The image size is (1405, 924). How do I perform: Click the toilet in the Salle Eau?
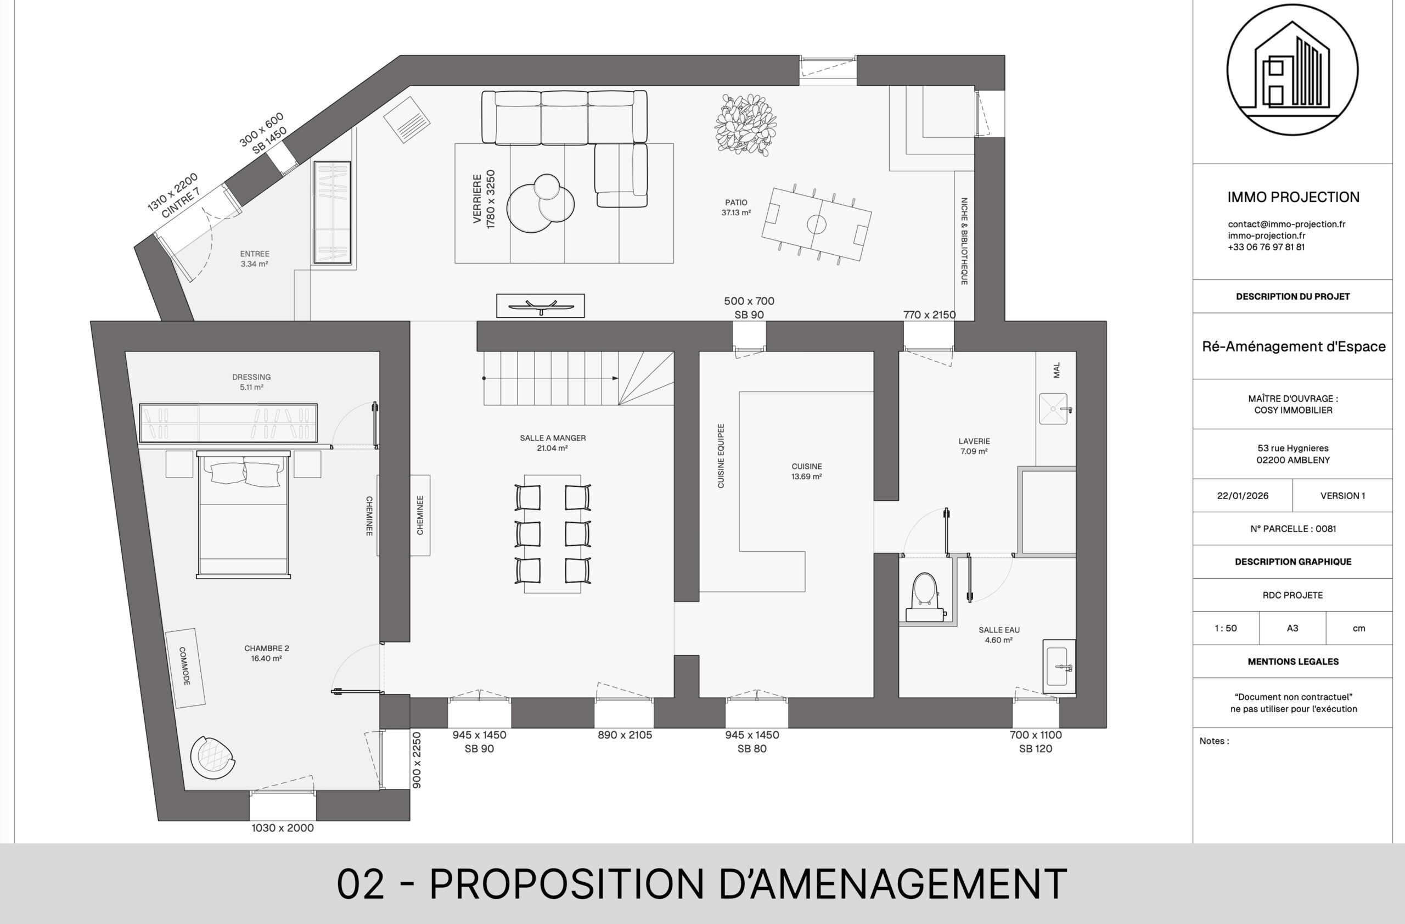point(925,596)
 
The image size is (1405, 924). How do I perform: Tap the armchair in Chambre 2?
point(212,758)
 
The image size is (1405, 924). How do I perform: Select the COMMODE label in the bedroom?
point(184,667)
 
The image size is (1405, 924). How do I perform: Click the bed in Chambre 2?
point(243,514)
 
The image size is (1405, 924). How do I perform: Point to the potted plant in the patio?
point(745,125)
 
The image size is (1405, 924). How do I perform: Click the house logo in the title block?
point(1292,70)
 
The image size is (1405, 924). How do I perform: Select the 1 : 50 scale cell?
point(1226,628)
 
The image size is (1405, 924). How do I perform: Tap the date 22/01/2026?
point(1243,496)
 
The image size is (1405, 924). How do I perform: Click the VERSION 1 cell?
point(1342,496)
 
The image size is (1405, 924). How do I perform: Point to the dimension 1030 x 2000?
point(283,828)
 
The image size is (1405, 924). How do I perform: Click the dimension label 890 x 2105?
point(625,735)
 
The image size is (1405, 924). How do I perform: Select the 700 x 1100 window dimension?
point(1036,742)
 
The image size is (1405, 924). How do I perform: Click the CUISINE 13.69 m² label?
point(806,471)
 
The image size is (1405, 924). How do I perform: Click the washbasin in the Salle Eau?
point(1059,667)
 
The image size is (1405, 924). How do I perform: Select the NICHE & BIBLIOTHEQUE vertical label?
point(964,242)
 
